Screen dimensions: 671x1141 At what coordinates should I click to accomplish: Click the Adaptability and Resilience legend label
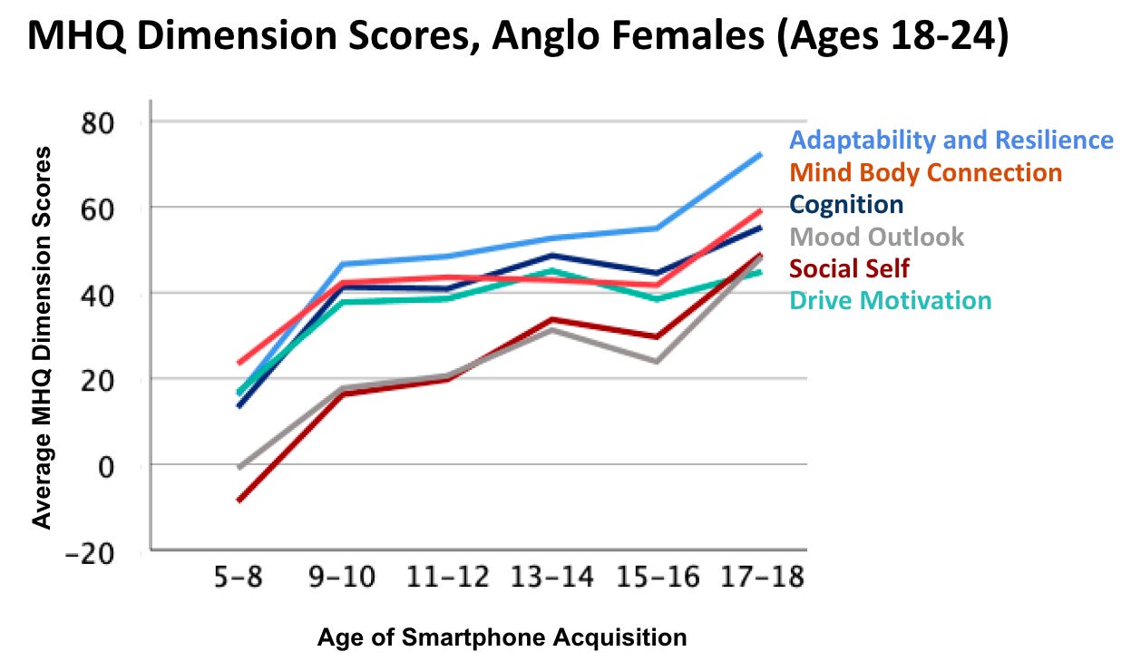point(951,141)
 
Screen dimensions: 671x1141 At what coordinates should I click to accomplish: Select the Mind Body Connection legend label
point(925,172)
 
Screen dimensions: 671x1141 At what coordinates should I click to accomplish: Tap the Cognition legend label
point(846,204)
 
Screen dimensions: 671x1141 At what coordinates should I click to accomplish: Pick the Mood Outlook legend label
point(876,237)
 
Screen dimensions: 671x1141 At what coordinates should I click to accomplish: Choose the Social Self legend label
point(849,268)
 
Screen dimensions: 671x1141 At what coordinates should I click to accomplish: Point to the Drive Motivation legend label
point(890,300)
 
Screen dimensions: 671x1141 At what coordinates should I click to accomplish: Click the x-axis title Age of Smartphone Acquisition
point(502,637)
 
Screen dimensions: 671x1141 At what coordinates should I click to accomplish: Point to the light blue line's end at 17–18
point(760,154)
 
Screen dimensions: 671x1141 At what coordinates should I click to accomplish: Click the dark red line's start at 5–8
point(239,500)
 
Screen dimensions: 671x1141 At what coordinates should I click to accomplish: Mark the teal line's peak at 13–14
point(554,271)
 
